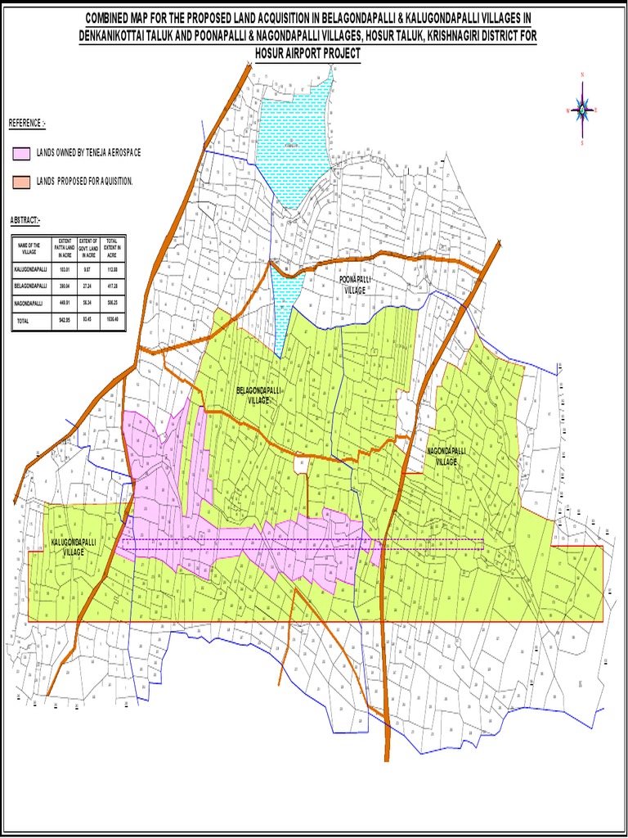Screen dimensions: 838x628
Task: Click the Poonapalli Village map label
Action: click(x=355, y=285)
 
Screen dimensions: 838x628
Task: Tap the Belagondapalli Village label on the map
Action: click(x=258, y=396)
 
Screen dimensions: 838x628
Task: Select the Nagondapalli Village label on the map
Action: click(x=446, y=456)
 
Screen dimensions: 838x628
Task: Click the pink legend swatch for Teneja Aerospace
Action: click(x=22, y=153)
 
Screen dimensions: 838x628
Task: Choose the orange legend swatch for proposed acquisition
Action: click(x=22, y=180)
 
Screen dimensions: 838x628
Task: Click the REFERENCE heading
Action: click(x=27, y=124)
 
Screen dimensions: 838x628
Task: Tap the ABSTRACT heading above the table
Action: click(x=25, y=221)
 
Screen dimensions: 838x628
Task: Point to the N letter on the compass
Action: click(x=582, y=75)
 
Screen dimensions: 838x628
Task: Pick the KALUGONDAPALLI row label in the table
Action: click(x=31, y=268)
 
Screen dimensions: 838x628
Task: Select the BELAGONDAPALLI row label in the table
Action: click(x=31, y=286)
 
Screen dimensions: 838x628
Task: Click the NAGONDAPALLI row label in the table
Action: click(x=29, y=303)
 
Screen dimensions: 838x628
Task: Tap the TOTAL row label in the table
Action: click(x=22, y=321)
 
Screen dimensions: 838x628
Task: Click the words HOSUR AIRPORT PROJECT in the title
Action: click(x=308, y=53)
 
